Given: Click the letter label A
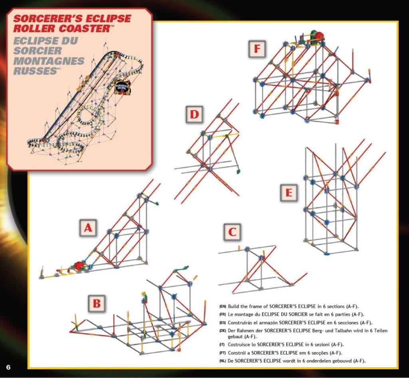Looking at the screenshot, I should pyautogui.click(x=88, y=228).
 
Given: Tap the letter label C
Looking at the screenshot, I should pyautogui.click(x=232, y=232).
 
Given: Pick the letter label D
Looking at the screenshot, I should pyautogui.click(x=194, y=115).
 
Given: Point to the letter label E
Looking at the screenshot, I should pyautogui.click(x=288, y=193).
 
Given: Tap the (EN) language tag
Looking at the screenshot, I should pyautogui.click(x=222, y=306).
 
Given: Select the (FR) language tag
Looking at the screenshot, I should pyautogui.click(x=222, y=314).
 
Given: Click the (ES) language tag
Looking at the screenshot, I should pyautogui.click(x=222, y=323).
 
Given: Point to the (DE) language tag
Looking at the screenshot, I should pyautogui.click(x=222, y=331).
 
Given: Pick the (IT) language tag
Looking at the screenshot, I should pyautogui.click(x=222, y=345).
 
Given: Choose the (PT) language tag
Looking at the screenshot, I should pyautogui.click(x=222, y=353).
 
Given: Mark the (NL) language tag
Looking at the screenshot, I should pyautogui.click(x=222, y=361).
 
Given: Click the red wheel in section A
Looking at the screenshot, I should pyautogui.click(x=78, y=266).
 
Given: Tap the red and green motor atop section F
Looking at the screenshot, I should pyautogui.click(x=318, y=36).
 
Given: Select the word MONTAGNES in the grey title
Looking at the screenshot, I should pyautogui.click(x=49, y=61).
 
